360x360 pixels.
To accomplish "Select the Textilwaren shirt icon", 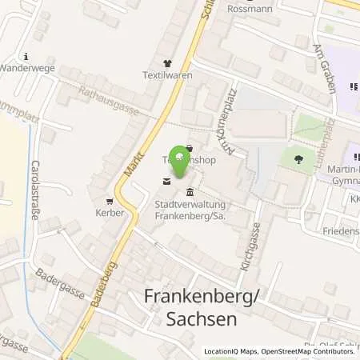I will (x=167, y=63).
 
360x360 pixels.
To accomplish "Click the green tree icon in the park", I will (x=298, y=158).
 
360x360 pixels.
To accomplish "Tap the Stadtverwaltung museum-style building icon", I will (x=190, y=191).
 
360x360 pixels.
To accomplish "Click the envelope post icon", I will (x=166, y=182).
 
